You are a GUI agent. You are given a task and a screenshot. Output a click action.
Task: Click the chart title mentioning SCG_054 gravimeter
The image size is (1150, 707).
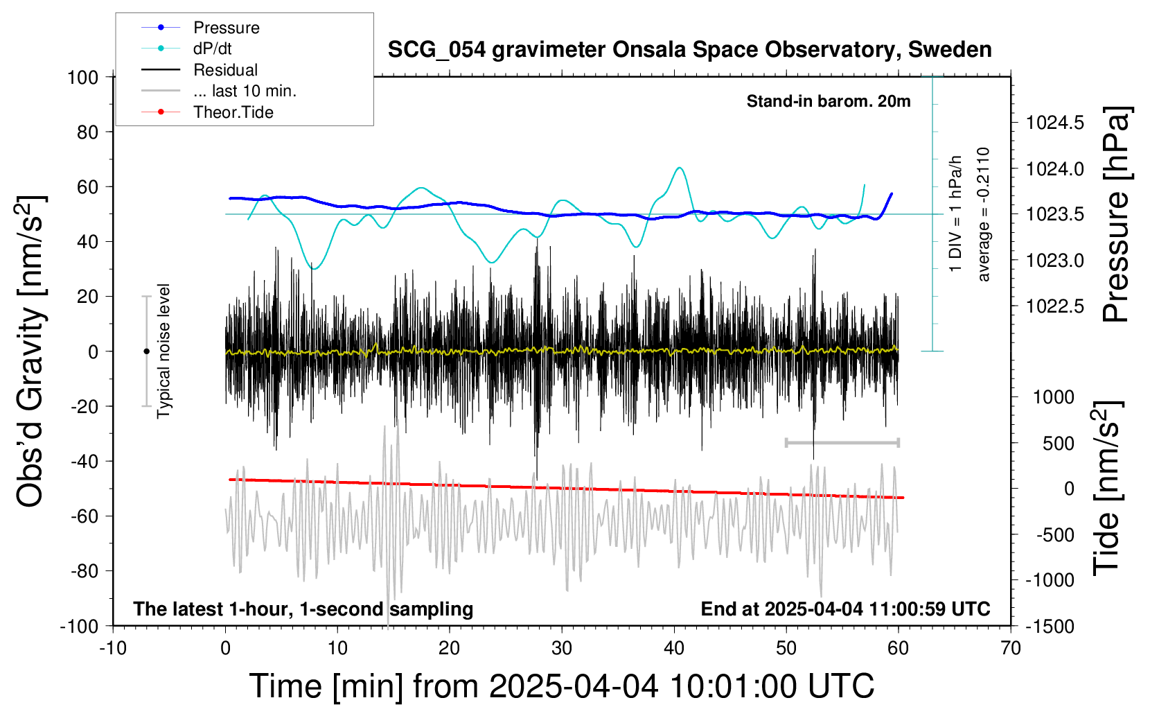689,50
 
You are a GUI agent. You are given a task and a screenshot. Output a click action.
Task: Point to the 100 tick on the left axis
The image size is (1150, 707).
82,78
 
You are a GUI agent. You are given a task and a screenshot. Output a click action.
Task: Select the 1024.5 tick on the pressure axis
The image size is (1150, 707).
1055,123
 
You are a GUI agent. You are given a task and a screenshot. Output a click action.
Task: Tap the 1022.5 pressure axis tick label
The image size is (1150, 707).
1055,306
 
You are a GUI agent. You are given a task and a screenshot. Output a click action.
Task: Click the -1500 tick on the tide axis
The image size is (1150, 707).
1050,627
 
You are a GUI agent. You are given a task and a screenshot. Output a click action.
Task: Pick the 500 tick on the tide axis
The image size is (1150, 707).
1058,444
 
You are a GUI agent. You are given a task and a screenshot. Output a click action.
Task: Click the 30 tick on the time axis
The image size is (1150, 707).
562,648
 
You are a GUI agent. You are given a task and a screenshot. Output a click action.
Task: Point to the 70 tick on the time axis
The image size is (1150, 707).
1011,648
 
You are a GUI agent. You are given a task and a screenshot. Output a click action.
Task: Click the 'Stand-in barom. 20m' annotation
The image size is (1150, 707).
829,101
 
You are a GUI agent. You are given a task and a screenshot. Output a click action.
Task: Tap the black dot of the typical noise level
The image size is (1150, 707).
146,351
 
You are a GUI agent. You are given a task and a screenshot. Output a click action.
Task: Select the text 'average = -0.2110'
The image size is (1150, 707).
982,214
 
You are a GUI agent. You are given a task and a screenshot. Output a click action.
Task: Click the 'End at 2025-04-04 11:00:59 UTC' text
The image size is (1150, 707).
846,609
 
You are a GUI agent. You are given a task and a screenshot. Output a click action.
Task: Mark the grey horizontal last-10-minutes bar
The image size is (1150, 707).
842,442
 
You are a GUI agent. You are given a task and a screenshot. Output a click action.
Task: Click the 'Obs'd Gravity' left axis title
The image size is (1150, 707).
30,351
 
